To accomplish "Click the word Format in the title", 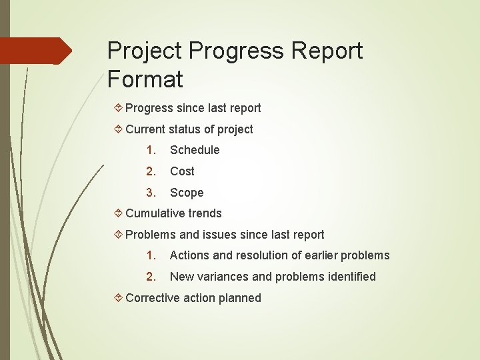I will [x=145, y=79].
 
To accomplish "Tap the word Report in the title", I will [x=325, y=51].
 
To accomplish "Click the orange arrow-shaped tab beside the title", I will [x=35, y=51].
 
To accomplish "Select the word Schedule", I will [x=195, y=150].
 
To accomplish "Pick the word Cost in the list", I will [x=182, y=171].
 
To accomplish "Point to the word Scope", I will [x=187, y=193].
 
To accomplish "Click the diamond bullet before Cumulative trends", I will [x=117, y=213].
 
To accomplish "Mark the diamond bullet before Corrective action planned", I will [x=117, y=298].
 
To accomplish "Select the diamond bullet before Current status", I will [x=117, y=129].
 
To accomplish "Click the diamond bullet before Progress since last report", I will [x=117, y=107].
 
